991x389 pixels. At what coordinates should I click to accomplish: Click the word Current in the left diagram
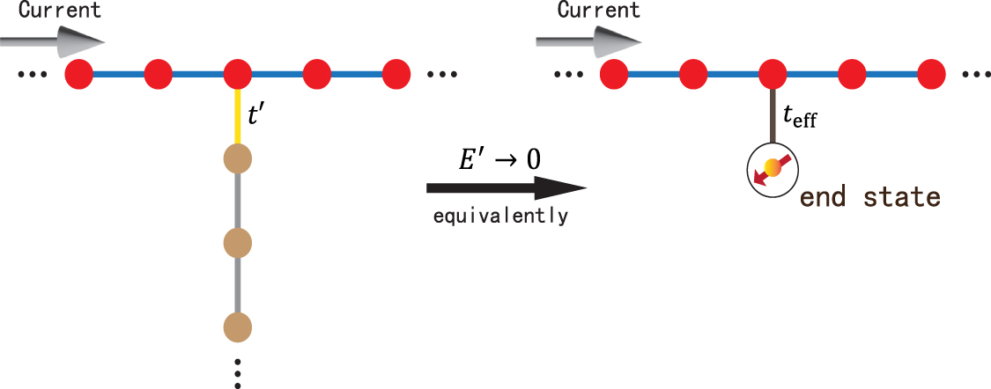click(60, 11)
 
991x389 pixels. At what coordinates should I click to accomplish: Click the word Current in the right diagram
click(598, 11)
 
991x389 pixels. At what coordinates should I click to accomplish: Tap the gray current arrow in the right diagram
click(590, 40)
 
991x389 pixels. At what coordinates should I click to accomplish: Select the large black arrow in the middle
click(506, 187)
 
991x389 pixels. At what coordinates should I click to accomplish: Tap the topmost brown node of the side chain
click(238, 160)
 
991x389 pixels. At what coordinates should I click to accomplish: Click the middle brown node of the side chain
click(238, 241)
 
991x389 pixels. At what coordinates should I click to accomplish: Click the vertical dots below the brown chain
click(238, 372)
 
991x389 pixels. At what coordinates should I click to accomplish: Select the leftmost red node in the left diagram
click(79, 73)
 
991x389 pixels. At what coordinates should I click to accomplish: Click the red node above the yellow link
click(238, 73)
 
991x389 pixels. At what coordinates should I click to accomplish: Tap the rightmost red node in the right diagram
click(932, 73)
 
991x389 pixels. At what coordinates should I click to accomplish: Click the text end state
click(869, 196)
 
